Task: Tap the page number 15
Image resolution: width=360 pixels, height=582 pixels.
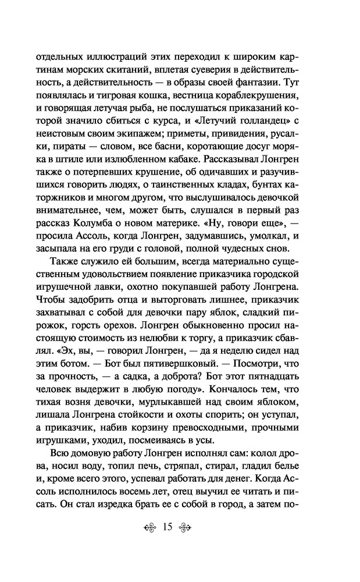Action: tap(167, 560)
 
